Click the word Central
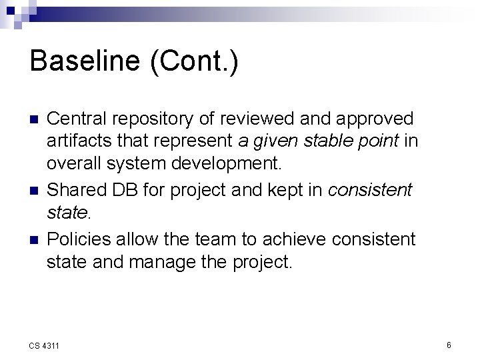(76, 119)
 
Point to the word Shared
(74, 191)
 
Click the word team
(215, 239)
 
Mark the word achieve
(295, 239)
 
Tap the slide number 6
(449, 345)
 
